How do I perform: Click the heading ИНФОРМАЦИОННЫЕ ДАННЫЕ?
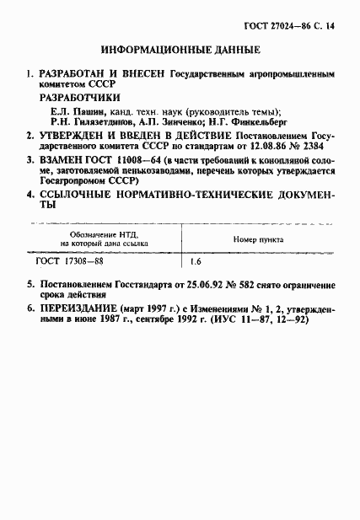tap(180, 50)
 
